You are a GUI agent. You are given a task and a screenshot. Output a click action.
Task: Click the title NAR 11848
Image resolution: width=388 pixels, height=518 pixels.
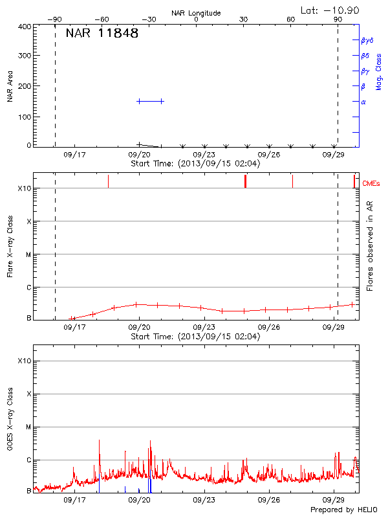click(102, 34)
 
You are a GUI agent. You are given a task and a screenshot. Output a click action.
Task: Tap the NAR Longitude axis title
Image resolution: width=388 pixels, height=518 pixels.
click(197, 13)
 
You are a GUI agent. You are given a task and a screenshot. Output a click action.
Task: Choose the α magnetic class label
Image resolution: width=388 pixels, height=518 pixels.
click(363, 102)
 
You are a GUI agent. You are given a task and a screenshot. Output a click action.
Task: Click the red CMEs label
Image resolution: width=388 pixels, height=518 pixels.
click(371, 185)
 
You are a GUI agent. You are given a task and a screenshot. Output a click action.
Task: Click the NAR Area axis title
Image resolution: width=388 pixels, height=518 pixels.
click(10, 87)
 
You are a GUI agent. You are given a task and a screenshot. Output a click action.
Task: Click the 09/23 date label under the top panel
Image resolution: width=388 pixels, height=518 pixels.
click(204, 155)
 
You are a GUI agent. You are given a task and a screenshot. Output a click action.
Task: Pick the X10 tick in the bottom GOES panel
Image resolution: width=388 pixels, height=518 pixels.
click(24, 361)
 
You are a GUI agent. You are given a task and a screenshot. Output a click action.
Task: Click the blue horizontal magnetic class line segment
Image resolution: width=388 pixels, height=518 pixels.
click(151, 101)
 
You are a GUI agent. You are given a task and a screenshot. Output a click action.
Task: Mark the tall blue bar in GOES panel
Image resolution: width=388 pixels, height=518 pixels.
click(149, 483)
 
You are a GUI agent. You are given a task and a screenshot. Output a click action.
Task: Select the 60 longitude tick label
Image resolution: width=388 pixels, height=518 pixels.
click(291, 19)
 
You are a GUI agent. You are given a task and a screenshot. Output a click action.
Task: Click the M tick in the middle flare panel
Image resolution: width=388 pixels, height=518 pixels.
click(28, 254)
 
